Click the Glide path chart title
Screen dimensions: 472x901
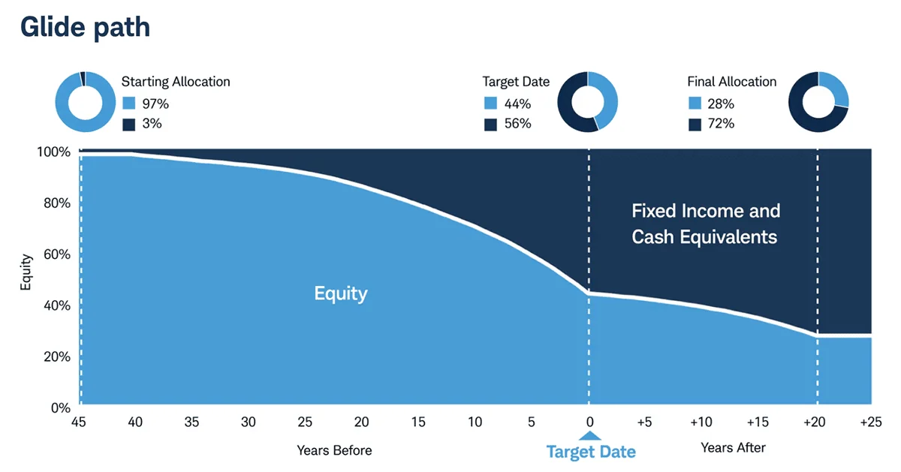[x=85, y=27]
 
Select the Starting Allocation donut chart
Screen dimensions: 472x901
[x=84, y=101]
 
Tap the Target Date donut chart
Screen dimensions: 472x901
[x=588, y=101]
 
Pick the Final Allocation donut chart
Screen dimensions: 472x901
[x=818, y=101]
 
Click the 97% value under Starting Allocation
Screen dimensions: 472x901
[x=155, y=104]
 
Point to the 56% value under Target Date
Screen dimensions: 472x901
[x=517, y=124]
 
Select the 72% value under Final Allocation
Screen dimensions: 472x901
[x=720, y=124]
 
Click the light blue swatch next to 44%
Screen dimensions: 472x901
[x=490, y=104]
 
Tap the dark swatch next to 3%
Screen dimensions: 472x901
[x=128, y=124]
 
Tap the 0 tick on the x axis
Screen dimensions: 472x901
[x=589, y=422]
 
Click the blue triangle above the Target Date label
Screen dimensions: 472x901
[x=590, y=436]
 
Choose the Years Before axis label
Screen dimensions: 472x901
[x=334, y=450]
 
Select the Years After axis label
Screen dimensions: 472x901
[x=733, y=448]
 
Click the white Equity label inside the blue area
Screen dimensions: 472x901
[x=340, y=293]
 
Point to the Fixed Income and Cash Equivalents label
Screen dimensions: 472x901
[x=705, y=224]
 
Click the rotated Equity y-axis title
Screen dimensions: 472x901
[x=26, y=274]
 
